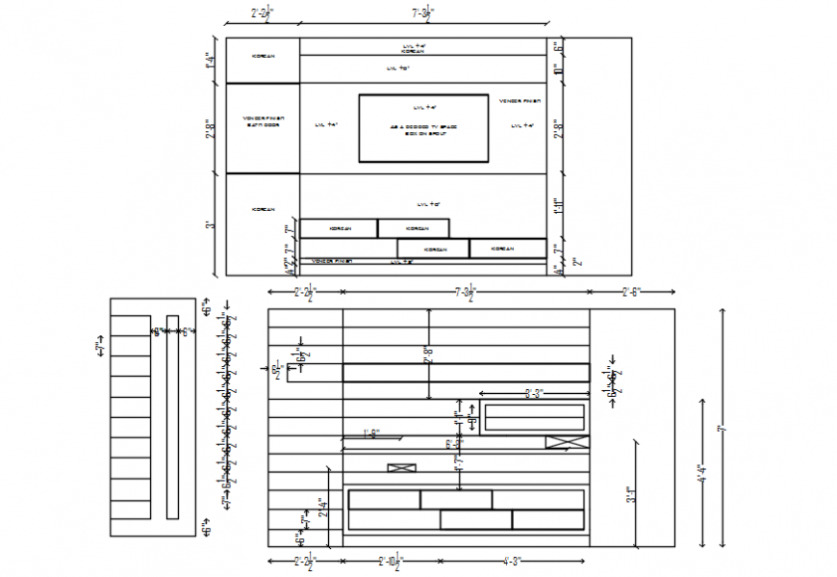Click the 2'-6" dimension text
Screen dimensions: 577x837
pos(631,290)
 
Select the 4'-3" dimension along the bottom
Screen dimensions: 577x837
pos(513,560)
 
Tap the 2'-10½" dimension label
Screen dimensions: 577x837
pos(390,560)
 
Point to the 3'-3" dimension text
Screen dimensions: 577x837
pos(534,393)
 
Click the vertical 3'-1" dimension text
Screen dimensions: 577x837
pos(631,494)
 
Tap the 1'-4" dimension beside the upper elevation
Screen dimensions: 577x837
pos(210,60)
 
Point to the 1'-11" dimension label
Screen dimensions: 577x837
pos(558,205)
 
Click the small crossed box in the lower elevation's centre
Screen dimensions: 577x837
pos(401,468)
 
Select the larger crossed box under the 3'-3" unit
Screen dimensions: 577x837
pos(567,442)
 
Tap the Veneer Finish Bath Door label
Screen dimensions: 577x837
pos(263,121)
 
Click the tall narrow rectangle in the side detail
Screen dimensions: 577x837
pos(172,416)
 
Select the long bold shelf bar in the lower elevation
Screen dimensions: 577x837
pos(466,373)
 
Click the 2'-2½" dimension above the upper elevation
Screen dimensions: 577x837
pos(262,13)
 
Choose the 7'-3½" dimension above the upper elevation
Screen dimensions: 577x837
pos(423,13)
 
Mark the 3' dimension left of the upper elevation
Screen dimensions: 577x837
pos(210,224)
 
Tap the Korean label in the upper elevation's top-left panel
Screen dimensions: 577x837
pos(263,56)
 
